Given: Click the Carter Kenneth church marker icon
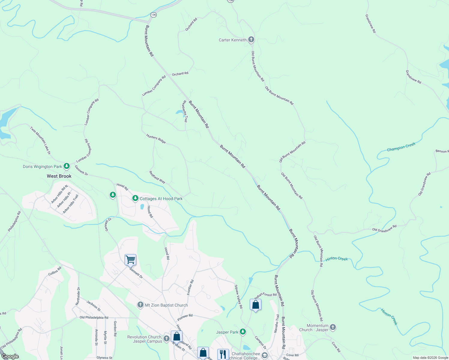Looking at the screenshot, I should tap(251, 40).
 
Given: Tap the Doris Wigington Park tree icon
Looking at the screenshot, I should tap(67, 166).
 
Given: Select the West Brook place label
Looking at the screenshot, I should tap(59, 176).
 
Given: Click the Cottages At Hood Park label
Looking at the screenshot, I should tap(161, 199).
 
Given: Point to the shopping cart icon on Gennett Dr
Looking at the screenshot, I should tap(130, 259).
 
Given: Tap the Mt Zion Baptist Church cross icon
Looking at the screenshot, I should tap(140, 305).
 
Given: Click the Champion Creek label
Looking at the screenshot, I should tap(401, 147).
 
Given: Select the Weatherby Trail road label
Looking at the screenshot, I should tap(185, 111).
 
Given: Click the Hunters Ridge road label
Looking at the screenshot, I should tap(156, 139).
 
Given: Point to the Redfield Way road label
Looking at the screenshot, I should tap(157, 177).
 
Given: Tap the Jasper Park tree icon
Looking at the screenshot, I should tap(243, 332).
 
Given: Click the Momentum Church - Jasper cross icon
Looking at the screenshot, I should tap(333, 327).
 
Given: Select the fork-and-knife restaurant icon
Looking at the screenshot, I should tap(223, 354).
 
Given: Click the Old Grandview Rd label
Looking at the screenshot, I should tap(384, 228).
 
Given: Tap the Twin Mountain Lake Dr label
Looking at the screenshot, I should tap(40, 140).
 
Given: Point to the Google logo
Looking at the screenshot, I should tap(10, 356).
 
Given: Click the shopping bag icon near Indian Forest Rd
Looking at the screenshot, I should tap(255, 304).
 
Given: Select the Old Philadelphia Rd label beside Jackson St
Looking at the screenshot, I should tap(94, 317).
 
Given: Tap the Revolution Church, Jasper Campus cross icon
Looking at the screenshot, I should tap(166, 339).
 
